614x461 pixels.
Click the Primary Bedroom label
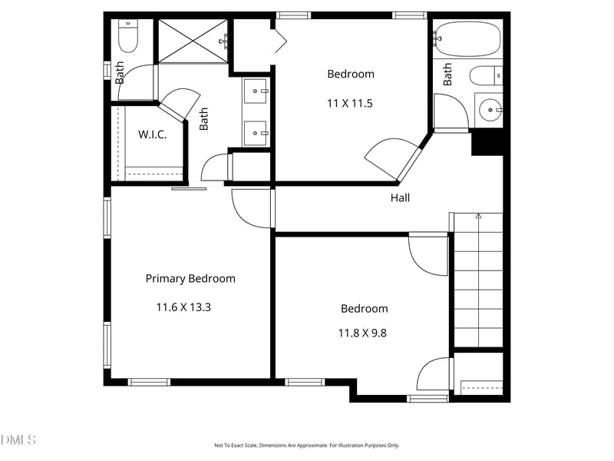click(x=190, y=279)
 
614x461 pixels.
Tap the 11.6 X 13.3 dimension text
click(x=183, y=307)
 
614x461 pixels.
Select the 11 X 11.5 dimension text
click(x=350, y=104)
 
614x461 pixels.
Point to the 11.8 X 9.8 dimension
click(x=362, y=333)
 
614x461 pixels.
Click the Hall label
click(x=400, y=197)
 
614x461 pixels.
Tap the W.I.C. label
click(x=152, y=135)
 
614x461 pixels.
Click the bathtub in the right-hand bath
click(x=468, y=39)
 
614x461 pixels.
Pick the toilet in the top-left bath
click(x=128, y=35)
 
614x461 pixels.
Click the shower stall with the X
click(x=193, y=41)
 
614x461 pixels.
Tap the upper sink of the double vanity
click(x=256, y=91)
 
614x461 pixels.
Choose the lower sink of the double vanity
click(x=256, y=133)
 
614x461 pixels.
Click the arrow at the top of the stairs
click(x=478, y=216)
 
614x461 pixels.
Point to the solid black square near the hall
click(x=487, y=142)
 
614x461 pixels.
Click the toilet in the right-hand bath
click(x=486, y=76)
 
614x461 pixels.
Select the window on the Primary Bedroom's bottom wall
click(x=149, y=382)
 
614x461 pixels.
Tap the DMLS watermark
click(x=18, y=439)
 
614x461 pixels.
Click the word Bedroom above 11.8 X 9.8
click(x=364, y=309)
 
